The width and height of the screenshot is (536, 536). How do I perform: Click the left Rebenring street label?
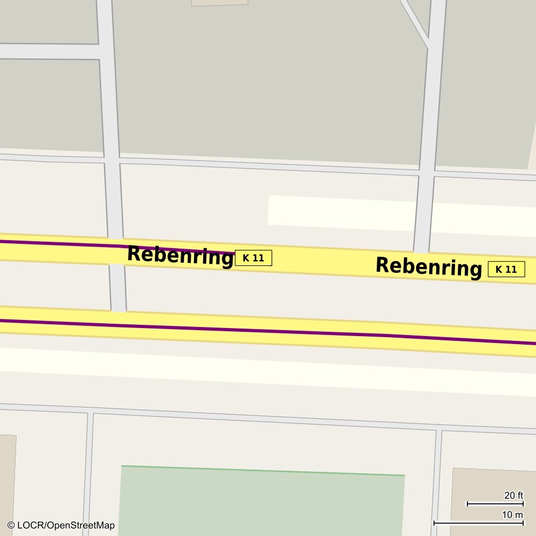(x=180, y=255)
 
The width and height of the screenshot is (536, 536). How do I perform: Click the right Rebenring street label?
(x=428, y=266)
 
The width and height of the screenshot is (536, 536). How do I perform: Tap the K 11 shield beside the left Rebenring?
(x=254, y=258)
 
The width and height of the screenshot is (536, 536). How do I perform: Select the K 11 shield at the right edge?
(x=506, y=269)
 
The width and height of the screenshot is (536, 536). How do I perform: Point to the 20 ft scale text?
(x=513, y=495)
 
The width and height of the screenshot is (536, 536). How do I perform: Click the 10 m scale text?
(x=512, y=515)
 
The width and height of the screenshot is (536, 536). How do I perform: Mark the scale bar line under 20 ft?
(x=495, y=504)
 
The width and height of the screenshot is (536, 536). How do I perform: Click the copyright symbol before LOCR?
(x=11, y=525)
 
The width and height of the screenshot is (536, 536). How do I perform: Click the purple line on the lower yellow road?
(x=268, y=331)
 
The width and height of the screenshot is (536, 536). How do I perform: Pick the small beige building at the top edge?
(x=220, y=3)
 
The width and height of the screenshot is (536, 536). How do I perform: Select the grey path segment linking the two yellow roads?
(x=118, y=288)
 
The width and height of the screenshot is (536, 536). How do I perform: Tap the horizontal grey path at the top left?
(x=48, y=51)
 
